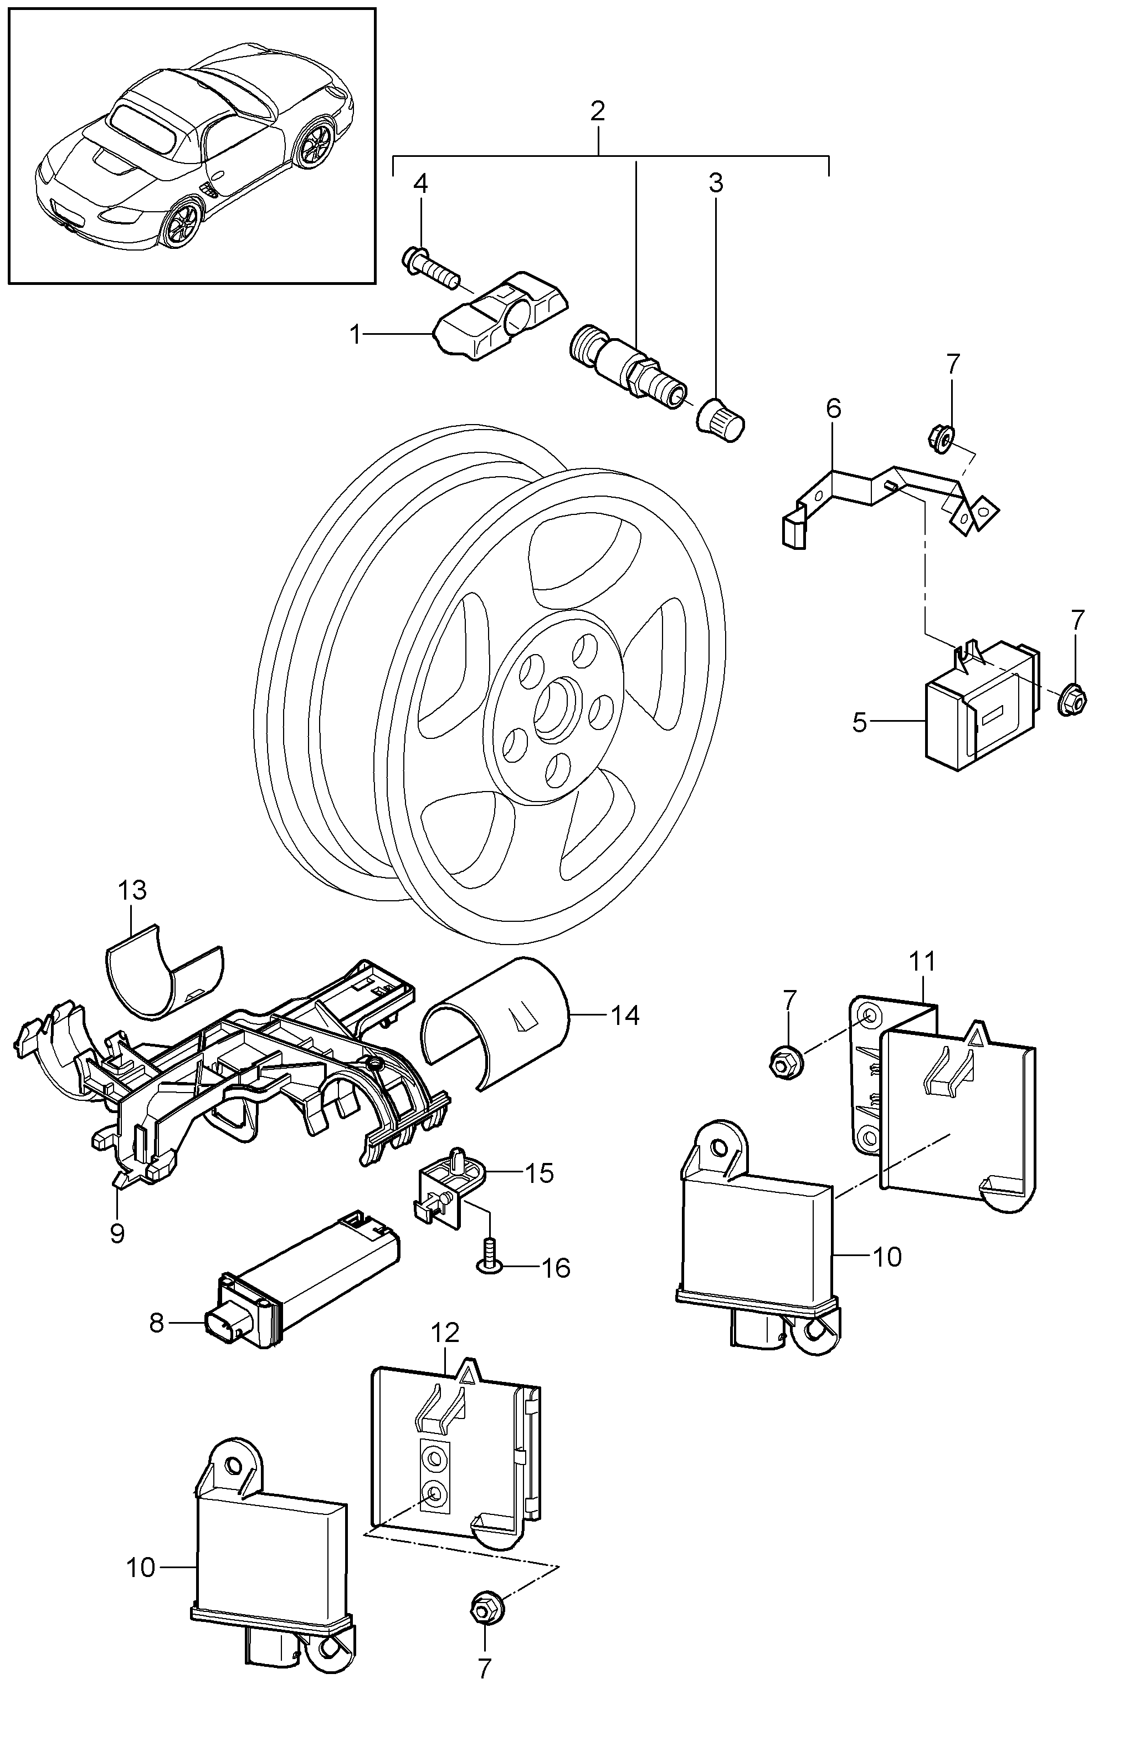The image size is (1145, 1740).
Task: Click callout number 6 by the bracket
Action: click(834, 408)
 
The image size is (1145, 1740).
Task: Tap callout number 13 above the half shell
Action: click(133, 890)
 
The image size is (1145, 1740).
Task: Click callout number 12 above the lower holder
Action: click(445, 1333)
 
